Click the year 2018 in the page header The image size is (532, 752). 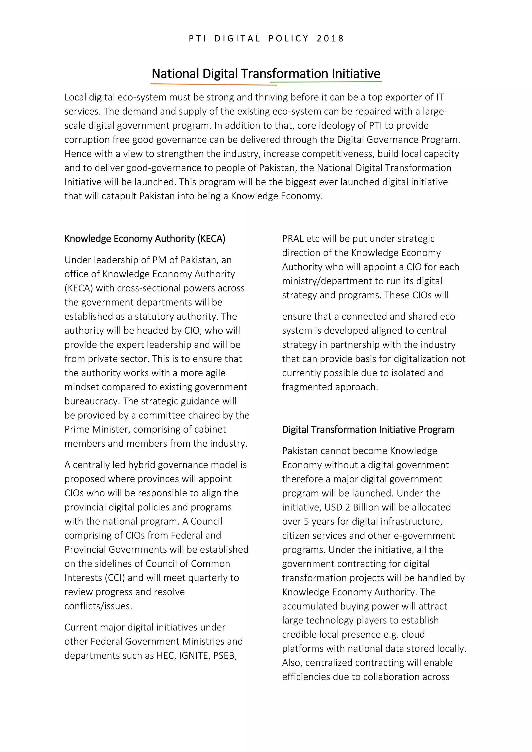[330, 39]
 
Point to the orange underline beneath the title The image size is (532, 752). [214, 84]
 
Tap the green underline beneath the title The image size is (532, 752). [326, 82]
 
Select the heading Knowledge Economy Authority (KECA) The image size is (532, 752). [145, 238]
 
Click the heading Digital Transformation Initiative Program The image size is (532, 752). [368, 429]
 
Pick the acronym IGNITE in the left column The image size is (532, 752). [193, 655]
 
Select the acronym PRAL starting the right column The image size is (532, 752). [292, 238]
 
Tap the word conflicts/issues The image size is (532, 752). [98, 606]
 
